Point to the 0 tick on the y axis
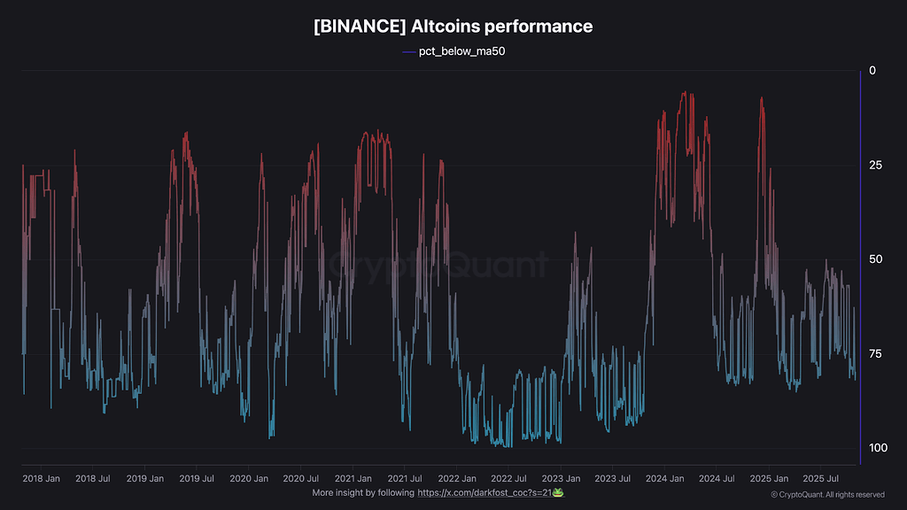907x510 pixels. (872, 71)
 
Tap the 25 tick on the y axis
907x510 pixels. (875, 166)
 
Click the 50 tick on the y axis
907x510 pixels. (875, 259)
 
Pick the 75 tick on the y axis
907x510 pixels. (875, 354)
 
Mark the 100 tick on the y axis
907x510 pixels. (878, 448)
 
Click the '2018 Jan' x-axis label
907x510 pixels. (41, 478)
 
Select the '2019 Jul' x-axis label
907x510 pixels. (197, 478)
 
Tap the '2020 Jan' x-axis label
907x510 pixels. (249, 478)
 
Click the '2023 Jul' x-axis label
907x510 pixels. (613, 478)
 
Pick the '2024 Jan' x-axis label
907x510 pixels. (665, 478)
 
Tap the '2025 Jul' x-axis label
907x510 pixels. (821, 478)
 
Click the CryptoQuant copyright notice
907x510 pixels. (827, 494)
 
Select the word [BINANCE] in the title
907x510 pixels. (359, 27)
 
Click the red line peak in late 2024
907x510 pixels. (762, 98)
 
